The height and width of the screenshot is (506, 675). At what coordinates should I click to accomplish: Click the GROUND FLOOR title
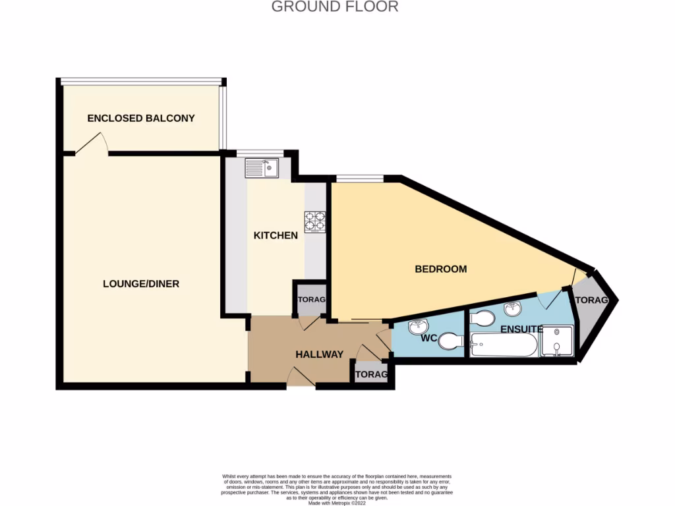[x=335, y=7]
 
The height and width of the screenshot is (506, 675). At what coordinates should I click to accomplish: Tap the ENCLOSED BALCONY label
[x=141, y=119]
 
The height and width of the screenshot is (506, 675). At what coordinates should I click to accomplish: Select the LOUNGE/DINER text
[x=141, y=284]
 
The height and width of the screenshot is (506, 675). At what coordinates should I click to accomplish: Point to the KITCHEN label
[x=276, y=235]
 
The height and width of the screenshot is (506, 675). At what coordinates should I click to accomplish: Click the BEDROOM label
[x=440, y=269]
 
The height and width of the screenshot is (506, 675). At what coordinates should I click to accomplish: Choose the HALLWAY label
[x=319, y=354]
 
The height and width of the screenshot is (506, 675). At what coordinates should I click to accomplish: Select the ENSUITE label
[x=521, y=329]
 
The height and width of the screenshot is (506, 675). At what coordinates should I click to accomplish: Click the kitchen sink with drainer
[x=262, y=169]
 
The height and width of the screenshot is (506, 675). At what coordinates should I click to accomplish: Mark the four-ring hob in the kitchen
[x=315, y=221]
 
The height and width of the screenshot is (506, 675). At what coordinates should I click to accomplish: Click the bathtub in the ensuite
[x=504, y=345]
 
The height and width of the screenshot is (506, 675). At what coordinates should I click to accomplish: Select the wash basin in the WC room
[x=418, y=326]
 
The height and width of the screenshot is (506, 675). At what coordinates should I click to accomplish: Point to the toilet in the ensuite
[x=483, y=318]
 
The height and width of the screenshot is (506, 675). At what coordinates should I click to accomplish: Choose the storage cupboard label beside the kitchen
[x=311, y=300]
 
